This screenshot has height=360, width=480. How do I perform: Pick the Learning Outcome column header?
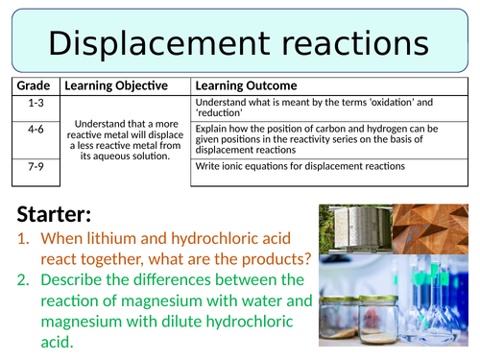click(246, 85)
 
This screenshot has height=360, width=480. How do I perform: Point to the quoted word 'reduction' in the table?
click(221, 112)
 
